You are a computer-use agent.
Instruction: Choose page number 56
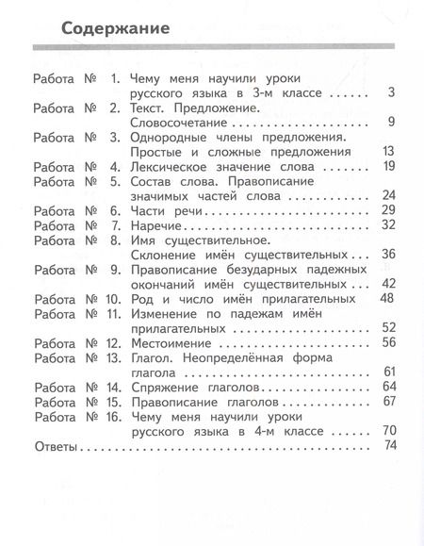[x=385, y=342]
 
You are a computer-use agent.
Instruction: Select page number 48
[x=385, y=298]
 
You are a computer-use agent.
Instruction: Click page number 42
[x=385, y=283]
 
